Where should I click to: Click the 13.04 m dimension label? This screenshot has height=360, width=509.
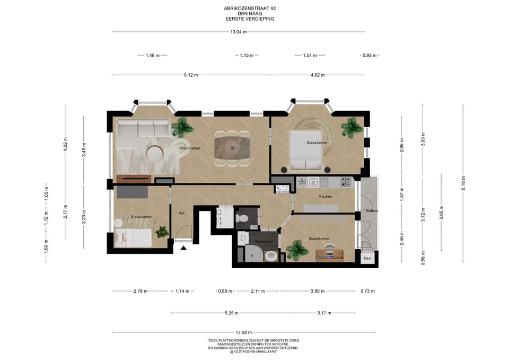pyautogui.click(x=239, y=32)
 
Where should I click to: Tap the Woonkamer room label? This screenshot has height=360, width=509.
pyautogui.click(x=190, y=148)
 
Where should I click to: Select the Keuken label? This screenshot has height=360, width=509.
pyautogui.click(x=326, y=196)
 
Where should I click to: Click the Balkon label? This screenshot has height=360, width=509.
pyautogui.click(x=372, y=210)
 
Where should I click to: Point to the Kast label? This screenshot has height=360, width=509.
pyautogui.click(x=367, y=258)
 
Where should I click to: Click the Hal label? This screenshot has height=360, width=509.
pyautogui.click(x=181, y=213)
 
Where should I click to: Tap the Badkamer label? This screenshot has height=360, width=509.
pyautogui.click(x=264, y=242)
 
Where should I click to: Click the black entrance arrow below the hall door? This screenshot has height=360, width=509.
pyautogui.click(x=183, y=248)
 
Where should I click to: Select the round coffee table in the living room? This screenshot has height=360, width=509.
pyautogui.click(x=154, y=153)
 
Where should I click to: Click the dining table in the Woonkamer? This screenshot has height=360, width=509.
pyautogui.click(x=232, y=148)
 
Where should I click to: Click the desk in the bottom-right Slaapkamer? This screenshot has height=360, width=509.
pyautogui.click(x=329, y=255)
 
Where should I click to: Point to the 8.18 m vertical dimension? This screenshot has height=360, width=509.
pyautogui.click(x=463, y=183)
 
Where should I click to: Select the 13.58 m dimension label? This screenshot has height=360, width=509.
pyautogui.click(x=244, y=332)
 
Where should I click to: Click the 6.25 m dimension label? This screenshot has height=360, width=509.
pyautogui.click(x=232, y=313)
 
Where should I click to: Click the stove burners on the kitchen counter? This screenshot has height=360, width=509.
pyautogui.click(x=346, y=182)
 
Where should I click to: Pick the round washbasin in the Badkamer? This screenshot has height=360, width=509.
pyautogui.click(x=270, y=257)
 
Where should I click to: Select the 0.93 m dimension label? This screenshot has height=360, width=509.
pyautogui.click(x=370, y=56)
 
